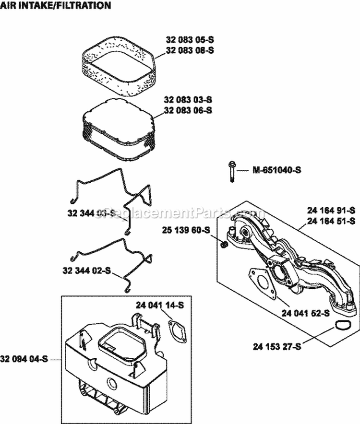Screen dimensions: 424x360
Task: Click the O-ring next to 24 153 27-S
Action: pyautogui.click(x=341, y=326)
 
